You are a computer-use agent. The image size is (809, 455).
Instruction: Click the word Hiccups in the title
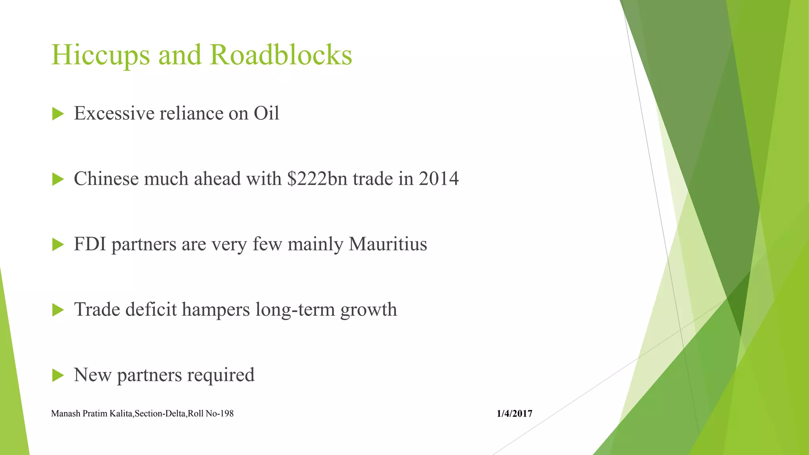tap(101, 55)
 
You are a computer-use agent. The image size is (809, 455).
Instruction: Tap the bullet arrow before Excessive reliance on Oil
tap(58, 114)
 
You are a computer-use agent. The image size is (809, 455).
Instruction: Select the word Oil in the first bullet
tap(266, 113)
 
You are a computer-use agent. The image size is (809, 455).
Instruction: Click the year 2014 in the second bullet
tap(439, 179)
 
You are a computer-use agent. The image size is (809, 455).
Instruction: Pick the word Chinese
tap(106, 179)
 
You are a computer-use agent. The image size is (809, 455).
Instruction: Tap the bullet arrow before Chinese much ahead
tap(58, 179)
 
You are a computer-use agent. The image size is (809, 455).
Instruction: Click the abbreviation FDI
tap(90, 244)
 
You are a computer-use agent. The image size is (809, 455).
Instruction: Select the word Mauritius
tap(388, 244)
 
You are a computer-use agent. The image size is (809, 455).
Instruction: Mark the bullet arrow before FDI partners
tap(58, 245)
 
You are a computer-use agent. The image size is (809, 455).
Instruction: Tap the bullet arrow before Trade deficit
tap(58, 310)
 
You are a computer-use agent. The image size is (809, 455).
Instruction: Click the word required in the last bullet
tap(220, 375)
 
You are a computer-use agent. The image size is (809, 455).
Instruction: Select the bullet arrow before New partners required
tap(58, 375)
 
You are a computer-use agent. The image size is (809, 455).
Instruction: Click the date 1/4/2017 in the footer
tap(514, 414)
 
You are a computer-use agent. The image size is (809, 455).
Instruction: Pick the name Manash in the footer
tap(66, 414)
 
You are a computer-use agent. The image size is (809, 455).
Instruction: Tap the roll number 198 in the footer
tap(227, 414)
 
